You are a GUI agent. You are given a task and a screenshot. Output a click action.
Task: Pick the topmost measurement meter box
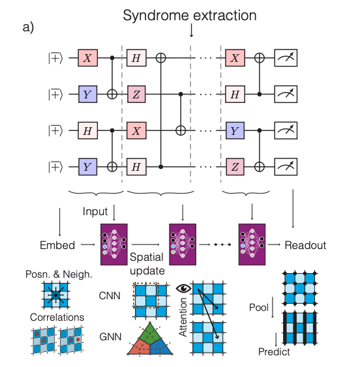(x=284, y=58)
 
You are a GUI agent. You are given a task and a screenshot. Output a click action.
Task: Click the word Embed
(x=55, y=246)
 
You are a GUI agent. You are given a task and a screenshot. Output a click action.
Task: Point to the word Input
(x=95, y=212)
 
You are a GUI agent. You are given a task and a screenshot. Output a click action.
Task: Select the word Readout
(x=305, y=246)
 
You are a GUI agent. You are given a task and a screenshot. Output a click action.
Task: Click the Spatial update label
(x=147, y=263)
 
